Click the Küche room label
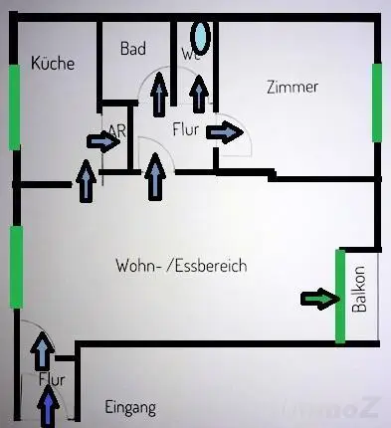click(54, 63)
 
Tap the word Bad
click(133, 48)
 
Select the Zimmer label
click(293, 87)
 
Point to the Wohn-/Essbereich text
click(180, 266)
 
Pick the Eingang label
click(130, 407)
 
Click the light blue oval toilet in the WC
click(201, 37)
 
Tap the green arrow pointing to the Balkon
click(320, 298)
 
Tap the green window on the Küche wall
click(14, 107)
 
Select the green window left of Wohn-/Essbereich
click(15, 266)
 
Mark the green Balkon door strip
click(339, 296)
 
